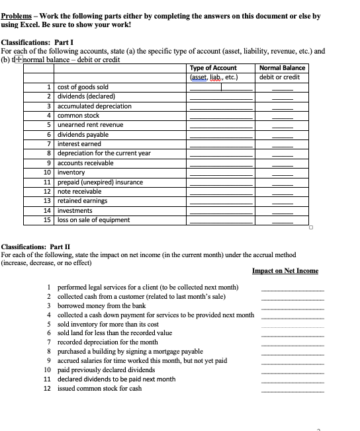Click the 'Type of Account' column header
(213, 68)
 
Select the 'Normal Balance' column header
(283, 68)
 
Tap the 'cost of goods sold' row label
(82, 87)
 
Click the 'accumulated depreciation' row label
(95, 106)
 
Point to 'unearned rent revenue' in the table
(90, 125)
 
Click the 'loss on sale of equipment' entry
(94, 220)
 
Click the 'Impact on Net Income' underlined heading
(285, 271)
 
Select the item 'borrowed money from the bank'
(102, 306)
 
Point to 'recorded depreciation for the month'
(108, 342)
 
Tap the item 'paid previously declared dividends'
(107, 370)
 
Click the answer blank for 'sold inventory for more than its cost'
(292, 325)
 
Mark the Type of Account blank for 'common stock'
(221, 116)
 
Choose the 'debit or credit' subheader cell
(283, 77)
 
